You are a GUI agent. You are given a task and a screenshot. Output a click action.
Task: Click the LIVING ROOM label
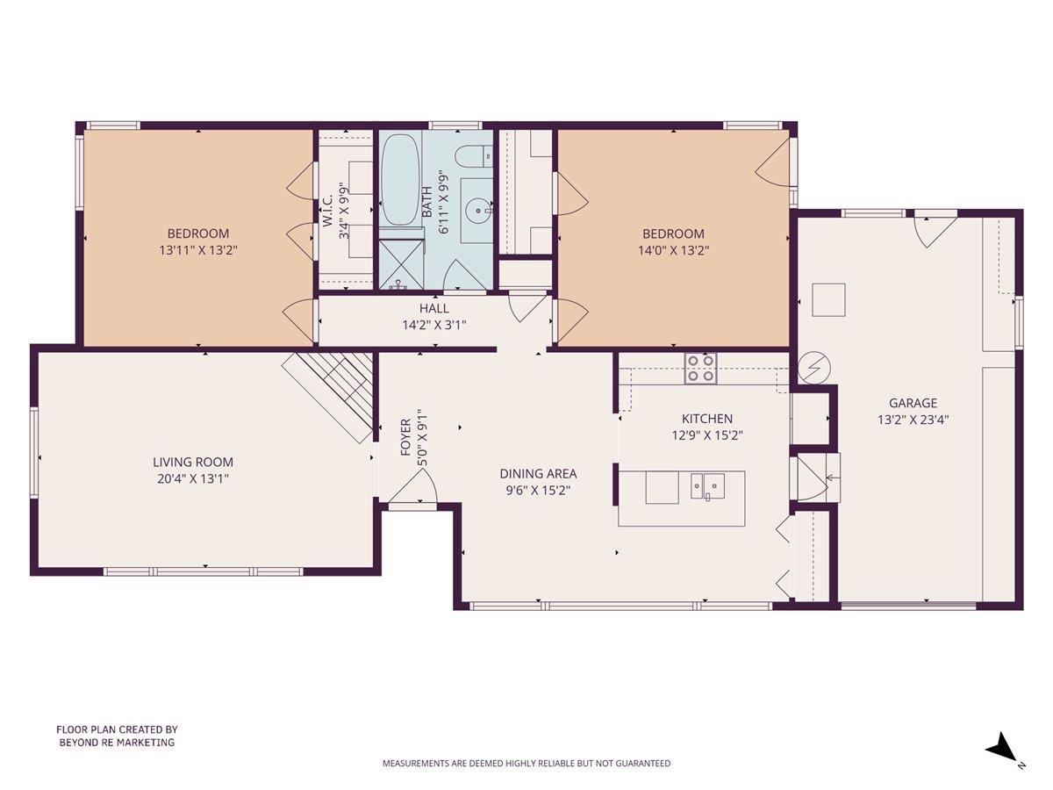coord(193,462)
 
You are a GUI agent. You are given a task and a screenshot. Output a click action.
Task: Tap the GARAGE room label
coord(913,404)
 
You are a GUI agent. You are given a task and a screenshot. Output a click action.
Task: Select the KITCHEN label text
coord(707,419)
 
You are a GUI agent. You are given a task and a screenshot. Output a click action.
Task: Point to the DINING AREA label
coord(541,474)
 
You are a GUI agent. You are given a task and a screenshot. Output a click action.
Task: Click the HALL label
coord(433,309)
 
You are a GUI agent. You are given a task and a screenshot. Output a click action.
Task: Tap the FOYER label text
coord(406,437)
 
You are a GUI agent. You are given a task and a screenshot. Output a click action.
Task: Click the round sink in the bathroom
coord(478,210)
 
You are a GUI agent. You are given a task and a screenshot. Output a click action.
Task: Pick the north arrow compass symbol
coord(1002,749)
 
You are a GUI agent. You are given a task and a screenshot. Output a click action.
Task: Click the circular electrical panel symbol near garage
coord(813,369)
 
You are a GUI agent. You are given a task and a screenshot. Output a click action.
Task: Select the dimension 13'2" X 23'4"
coord(913,420)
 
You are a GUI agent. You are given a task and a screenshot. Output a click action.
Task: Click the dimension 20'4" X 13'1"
coord(193,478)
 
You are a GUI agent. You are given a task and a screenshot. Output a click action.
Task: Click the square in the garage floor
coord(828,299)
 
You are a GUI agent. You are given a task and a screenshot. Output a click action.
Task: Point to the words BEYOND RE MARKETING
coord(117,743)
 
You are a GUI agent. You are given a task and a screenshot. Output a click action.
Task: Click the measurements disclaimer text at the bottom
coord(526,764)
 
